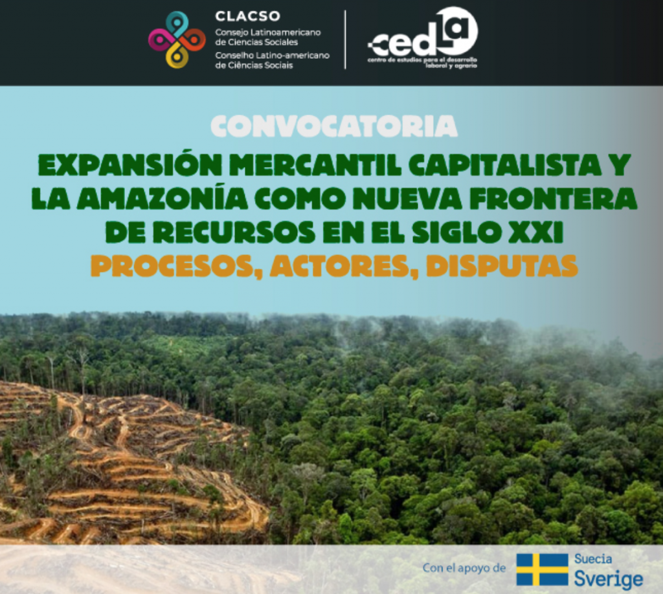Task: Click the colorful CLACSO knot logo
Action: tap(177, 39)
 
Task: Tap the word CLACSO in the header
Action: tap(248, 16)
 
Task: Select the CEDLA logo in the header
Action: tap(422, 38)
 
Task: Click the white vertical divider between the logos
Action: tap(346, 39)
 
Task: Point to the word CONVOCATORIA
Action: tap(334, 126)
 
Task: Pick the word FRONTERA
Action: tap(553, 199)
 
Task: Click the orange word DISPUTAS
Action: tap(502, 266)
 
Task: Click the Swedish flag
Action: tap(543, 569)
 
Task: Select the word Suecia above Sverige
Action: tap(593, 559)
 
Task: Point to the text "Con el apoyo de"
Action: tap(464, 568)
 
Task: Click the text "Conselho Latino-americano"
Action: tap(273, 56)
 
